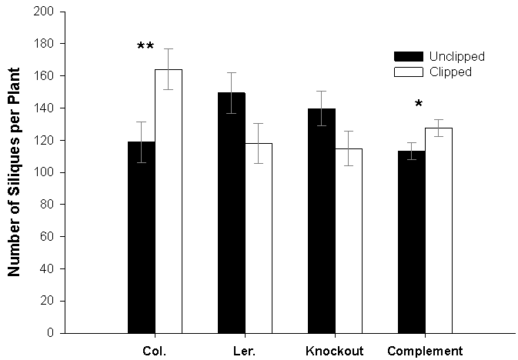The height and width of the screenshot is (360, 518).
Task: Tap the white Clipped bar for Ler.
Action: [x=258, y=238]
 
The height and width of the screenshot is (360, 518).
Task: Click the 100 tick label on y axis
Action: [x=45, y=172]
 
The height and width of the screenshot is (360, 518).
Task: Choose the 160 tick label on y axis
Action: [x=45, y=76]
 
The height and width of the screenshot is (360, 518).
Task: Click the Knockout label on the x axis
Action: [x=334, y=352]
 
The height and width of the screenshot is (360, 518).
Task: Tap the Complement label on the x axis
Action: [x=424, y=352]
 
